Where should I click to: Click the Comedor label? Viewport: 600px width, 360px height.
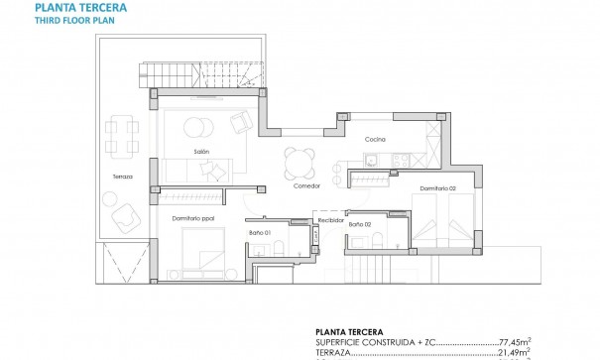point(305,185)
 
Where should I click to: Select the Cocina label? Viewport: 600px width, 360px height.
point(375,139)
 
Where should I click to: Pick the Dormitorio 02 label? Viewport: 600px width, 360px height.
point(436,188)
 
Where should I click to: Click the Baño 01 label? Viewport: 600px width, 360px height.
point(259,233)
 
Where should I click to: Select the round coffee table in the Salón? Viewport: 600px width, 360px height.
point(197,127)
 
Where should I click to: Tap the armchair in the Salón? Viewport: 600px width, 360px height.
point(242,122)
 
